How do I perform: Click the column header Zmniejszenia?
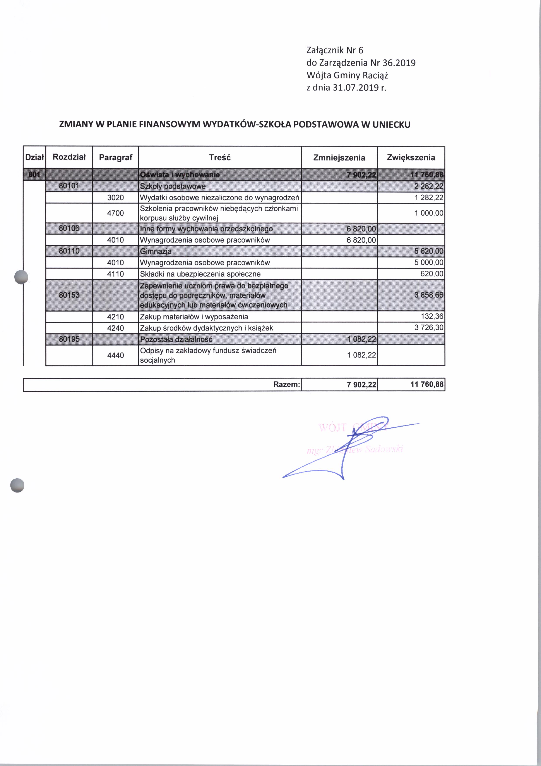coord(339,158)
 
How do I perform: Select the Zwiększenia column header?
coord(411,158)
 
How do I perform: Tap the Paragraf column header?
coord(116,157)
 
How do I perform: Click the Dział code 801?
coord(34,175)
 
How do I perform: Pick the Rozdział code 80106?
coord(69,228)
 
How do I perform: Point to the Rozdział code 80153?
coord(69,295)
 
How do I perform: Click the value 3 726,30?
coord(429,328)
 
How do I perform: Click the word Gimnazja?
coord(156,251)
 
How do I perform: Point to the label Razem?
coord(286,384)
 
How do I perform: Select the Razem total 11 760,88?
coord(427,384)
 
